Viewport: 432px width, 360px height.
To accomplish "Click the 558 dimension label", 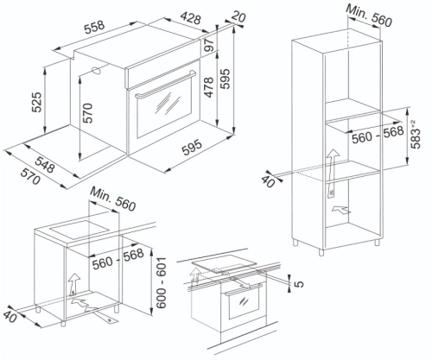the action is [x=94, y=25].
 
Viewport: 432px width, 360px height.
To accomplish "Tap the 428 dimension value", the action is [x=190, y=18].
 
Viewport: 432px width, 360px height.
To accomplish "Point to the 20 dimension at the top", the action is [x=238, y=16].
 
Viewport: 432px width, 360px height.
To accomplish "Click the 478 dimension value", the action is [x=208, y=87].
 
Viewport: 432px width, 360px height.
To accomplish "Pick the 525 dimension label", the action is [x=37, y=102].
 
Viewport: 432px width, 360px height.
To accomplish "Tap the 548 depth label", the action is [x=45, y=164].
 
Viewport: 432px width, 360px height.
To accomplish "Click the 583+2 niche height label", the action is [x=416, y=134].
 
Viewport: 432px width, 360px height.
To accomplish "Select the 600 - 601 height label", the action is [x=162, y=282].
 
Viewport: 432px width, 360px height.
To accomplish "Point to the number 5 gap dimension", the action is [x=299, y=284].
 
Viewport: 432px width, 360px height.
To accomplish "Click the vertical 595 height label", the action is [x=226, y=79].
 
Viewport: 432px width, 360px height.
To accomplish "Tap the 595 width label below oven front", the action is [x=192, y=148].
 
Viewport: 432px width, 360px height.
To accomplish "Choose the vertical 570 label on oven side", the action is [x=87, y=113].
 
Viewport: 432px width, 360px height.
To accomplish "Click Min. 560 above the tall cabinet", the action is [x=369, y=16].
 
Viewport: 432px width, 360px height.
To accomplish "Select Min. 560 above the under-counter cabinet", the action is [x=113, y=199].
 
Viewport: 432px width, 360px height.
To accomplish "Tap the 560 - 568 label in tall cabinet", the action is [x=378, y=134].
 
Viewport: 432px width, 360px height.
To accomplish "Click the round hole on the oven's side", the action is [x=95, y=71].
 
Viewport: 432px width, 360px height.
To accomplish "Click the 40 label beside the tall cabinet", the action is [x=268, y=181].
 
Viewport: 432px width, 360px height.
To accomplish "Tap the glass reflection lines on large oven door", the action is [x=168, y=103].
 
